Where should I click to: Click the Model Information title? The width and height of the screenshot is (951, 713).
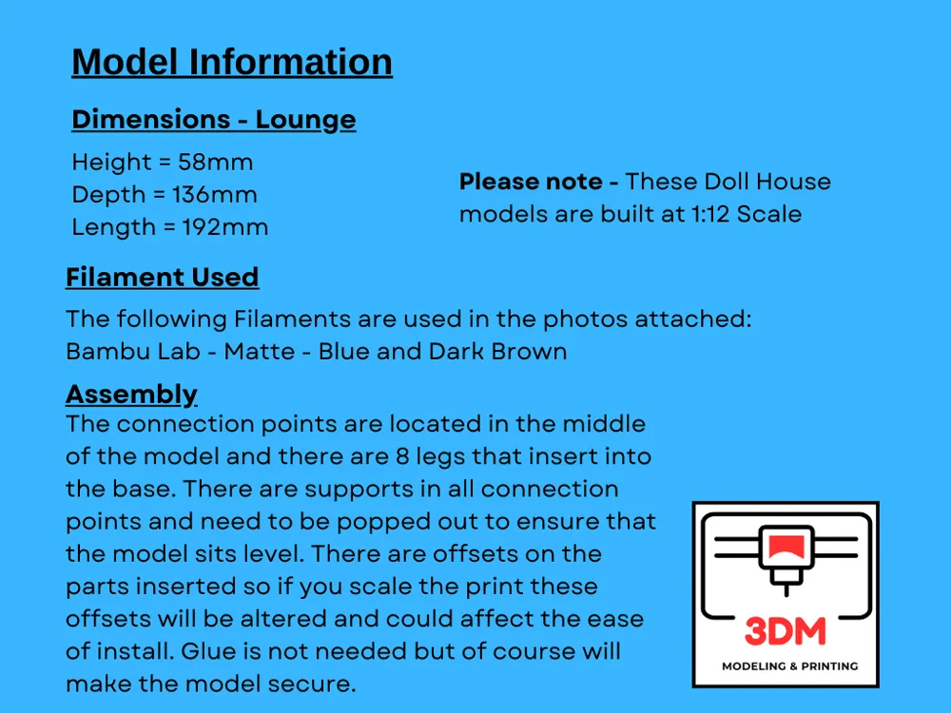[232, 62]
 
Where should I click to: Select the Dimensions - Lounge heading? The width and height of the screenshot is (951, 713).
[214, 120]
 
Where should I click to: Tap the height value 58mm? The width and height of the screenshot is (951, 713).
[216, 163]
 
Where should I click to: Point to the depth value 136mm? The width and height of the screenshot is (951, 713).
[215, 195]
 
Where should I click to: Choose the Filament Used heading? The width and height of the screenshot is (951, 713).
[162, 278]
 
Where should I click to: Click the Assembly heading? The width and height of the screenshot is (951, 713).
[131, 394]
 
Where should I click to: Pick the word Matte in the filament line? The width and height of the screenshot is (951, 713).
[259, 351]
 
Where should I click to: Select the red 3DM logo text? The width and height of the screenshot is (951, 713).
[786, 631]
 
